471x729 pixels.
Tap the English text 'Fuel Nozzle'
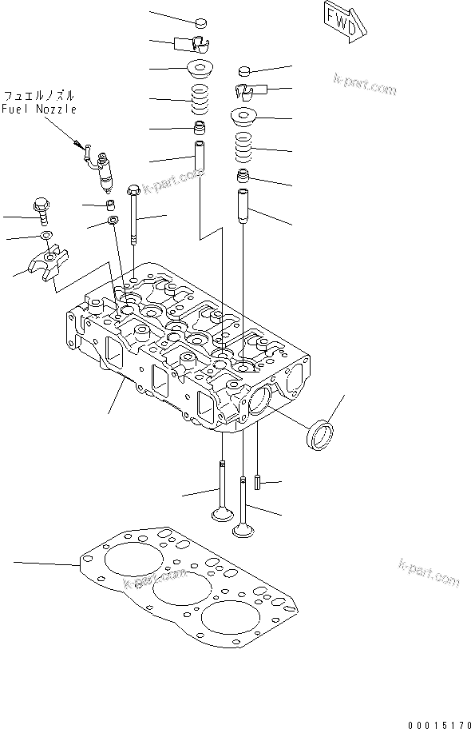coord(38,110)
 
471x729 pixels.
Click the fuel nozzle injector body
coord(104,174)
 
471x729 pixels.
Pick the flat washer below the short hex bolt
coord(46,236)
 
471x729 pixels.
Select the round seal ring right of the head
coord(321,436)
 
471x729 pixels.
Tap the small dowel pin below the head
coord(258,483)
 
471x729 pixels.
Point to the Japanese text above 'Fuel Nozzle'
coord(38,95)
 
